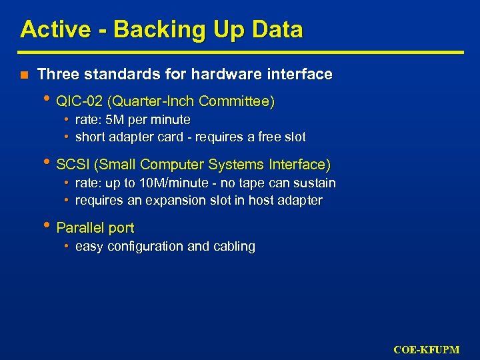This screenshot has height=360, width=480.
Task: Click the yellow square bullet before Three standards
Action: (x=24, y=75)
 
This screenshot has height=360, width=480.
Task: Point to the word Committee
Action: (x=235, y=101)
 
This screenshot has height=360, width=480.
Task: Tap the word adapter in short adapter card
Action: (x=131, y=137)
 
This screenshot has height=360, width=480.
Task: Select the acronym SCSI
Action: (x=71, y=164)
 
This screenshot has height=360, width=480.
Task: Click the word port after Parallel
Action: (x=121, y=228)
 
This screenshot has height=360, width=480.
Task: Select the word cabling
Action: (x=233, y=247)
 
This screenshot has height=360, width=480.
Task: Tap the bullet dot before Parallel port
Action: (x=49, y=227)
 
